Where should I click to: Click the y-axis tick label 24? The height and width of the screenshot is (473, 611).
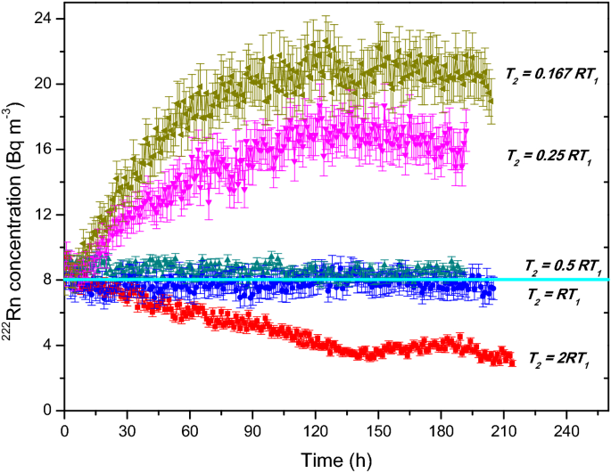click(x=43, y=19)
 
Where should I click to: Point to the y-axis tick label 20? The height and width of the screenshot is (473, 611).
click(x=43, y=84)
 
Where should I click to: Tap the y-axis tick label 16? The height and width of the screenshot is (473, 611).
click(x=43, y=149)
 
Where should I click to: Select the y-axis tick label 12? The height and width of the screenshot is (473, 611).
click(x=43, y=215)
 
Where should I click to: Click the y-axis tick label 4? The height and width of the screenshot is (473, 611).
click(x=46, y=345)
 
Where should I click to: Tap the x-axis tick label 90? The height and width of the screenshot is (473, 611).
click(x=252, y=428)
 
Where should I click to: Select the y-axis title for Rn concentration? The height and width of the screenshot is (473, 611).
click(x=15, y=213)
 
